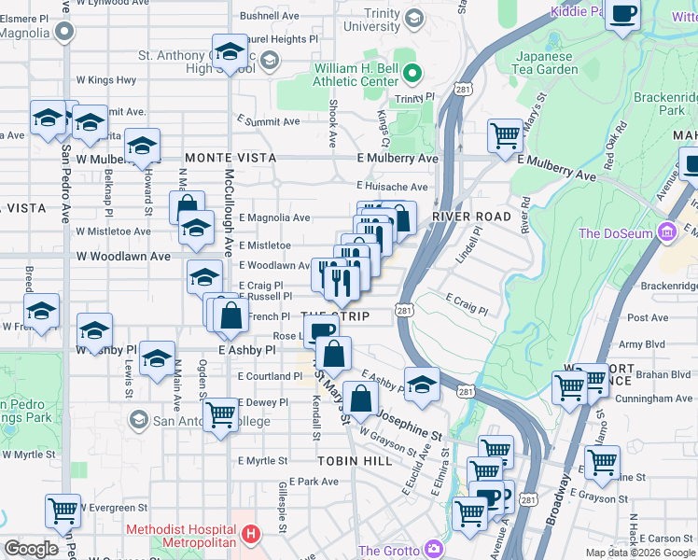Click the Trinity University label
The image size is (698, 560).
coord(371,20)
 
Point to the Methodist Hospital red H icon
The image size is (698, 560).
coord(249,535)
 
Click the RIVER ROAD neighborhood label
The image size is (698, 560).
coord(471,217)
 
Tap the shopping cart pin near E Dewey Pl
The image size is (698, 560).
coord(221,413)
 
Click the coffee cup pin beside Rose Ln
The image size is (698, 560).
coord(322,330)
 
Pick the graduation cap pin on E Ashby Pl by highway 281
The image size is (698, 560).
coord(422,383)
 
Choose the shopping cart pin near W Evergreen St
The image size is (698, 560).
coord(63,511)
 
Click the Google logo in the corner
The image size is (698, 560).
coord(32,548)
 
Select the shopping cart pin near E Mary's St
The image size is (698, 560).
coord(505,134)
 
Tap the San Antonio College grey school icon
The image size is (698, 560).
coord(138,420)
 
